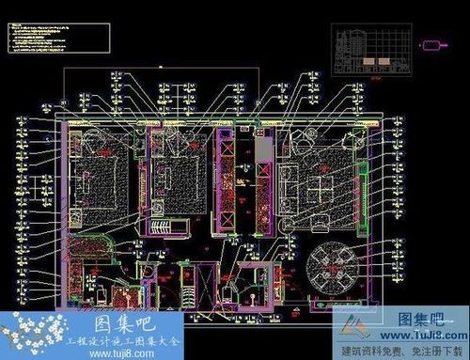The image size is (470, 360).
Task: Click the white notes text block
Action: pos(38,35)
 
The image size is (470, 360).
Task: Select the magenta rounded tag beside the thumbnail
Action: pos(432,44)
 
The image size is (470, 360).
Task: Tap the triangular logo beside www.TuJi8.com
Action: pos(352,329)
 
